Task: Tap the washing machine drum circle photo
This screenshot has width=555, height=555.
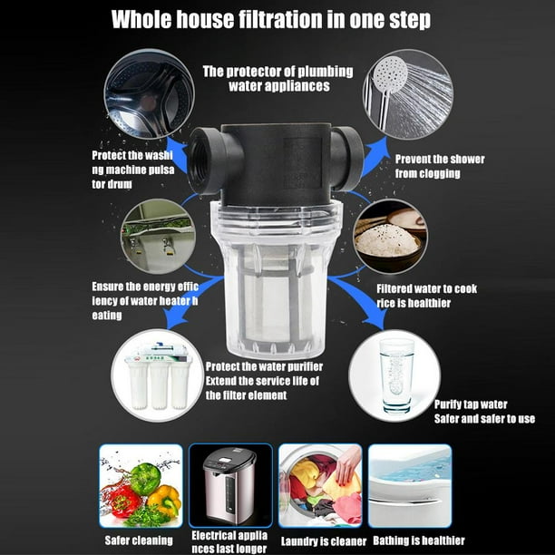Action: [x=148, y=94]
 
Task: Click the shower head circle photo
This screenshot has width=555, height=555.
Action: [x=407, y=94]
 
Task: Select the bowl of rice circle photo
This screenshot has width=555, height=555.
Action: [x=389, y=236]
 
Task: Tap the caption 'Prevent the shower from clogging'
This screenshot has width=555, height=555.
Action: [x=439, y=166]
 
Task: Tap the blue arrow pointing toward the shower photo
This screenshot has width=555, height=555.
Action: [x=374, y=155]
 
